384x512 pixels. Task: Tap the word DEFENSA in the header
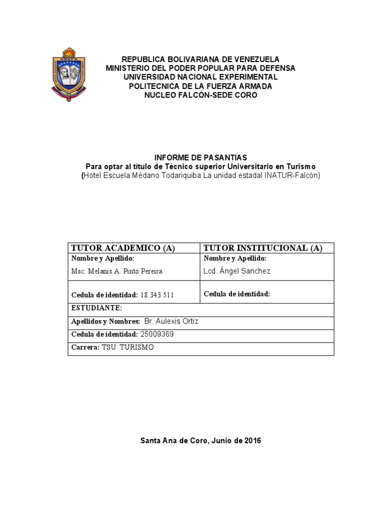click(x=277, y=68)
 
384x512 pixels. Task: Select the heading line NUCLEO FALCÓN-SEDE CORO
click(x=200, y=95)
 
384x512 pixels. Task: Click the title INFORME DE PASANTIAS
click(x=200, y=157)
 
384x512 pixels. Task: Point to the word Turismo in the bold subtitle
click(x=301, y=166)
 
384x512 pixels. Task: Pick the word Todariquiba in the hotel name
click(x=177, y=175)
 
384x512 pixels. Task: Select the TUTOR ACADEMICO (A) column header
click(x=123, y=248)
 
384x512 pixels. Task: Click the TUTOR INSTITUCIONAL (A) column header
click(x=263, y=248)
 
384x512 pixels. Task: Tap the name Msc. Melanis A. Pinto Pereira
click(x=117, y=271)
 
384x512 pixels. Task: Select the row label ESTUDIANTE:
click(x=97, y=308)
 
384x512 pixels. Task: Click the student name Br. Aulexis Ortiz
click(x=171, y=321)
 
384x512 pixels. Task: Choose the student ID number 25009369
click(x=155, y=334)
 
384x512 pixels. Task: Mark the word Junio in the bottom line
click(x=223, y=440)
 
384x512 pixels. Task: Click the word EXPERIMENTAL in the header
click(x=243, y=77)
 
